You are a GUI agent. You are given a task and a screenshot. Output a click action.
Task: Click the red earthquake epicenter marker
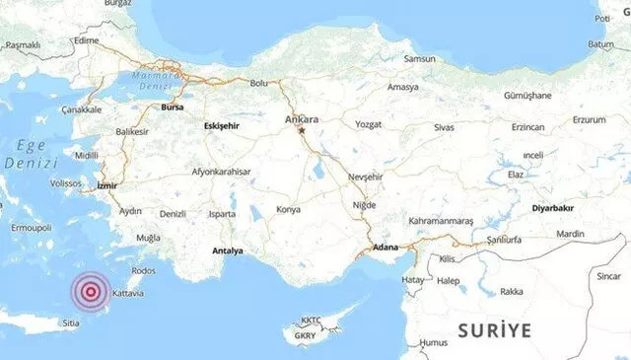tap(91, 291)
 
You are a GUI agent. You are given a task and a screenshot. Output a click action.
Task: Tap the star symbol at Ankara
tap(303, 130)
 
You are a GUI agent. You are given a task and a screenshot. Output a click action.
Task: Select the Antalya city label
tap(226, 251)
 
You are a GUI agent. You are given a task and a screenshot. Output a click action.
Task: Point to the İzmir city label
tap(107, 184)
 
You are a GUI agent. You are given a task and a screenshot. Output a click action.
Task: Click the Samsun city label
tap(420, 59)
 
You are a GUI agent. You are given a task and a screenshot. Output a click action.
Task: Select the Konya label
tap(288, 209)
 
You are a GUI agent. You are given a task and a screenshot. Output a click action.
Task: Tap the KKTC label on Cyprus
tap(312, 320)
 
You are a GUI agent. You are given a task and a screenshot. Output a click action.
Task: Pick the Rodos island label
tap(143, 270)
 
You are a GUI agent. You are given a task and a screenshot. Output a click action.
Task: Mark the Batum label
tap(601, 43)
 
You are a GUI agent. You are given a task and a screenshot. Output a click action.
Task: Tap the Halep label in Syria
tap(451, 280)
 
